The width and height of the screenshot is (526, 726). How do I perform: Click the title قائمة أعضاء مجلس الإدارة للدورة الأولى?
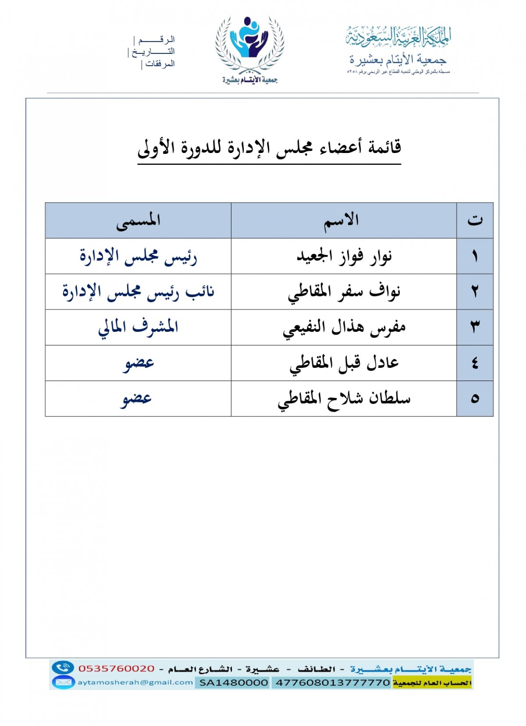[269, 148]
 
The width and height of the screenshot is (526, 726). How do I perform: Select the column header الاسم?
[341, 221]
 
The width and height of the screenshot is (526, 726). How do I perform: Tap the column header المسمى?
[138, 221]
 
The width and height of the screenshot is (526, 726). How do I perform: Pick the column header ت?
[475, 221]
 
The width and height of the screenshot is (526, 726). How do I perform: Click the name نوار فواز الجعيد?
[344, 256]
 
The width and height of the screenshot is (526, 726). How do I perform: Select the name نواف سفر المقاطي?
[344, 292]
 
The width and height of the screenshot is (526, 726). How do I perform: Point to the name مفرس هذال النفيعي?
[344, 327]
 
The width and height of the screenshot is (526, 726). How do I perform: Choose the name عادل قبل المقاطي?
[344, 363]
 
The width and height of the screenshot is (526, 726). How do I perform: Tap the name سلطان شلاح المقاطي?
[344, 399]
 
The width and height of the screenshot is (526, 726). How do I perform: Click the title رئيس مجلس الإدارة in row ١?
[138, 256]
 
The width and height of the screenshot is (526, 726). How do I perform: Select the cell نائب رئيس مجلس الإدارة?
[138, 292]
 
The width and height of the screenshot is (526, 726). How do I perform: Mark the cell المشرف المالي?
[138, 327]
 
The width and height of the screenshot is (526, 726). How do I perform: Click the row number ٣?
[475, 327]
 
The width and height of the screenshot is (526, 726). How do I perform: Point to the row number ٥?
[475, 399]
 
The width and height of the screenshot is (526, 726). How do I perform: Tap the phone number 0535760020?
[117, 669]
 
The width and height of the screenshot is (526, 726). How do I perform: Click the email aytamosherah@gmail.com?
[135, 682]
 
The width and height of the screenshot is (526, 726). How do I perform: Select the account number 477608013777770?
[331, 683]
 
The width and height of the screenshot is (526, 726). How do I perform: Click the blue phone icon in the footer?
[63, 668]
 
